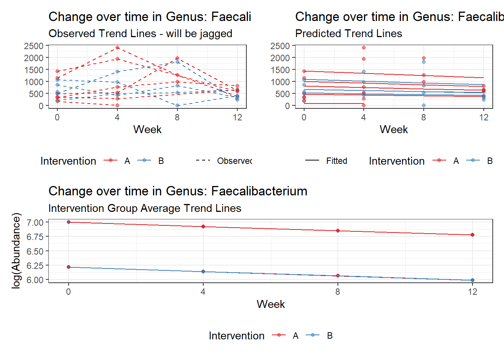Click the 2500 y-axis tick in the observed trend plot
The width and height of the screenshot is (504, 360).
tap(34, 46)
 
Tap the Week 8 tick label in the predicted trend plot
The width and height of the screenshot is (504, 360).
tap(423, 117)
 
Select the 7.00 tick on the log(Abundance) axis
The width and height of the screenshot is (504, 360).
tap(35, 222)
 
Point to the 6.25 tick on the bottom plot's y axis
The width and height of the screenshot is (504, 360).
tap(35, 265)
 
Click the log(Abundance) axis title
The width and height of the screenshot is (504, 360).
tap(16, 250)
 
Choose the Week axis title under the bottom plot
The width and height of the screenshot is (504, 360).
tap(270, 304)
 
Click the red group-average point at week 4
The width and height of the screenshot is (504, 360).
tap(203, 226)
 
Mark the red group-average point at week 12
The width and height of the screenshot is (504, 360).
tap(472, 235)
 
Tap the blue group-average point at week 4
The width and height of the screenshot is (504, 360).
tap(203, 271)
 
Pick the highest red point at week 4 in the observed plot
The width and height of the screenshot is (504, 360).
tap(117, 48)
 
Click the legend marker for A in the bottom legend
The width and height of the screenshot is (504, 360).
tap(279, 336)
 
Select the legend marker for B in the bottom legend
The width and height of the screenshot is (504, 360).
tap(313, 336)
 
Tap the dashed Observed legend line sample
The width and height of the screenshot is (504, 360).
tap(203, 161)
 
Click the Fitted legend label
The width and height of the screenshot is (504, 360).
tap(336, 161)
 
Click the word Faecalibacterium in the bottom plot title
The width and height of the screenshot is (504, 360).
tap(259, 191)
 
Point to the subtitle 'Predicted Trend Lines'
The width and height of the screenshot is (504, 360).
tap(348, 34)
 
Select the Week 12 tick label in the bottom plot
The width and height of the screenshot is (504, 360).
tap(472, 292)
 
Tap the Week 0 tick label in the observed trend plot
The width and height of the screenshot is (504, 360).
tap(57, 117)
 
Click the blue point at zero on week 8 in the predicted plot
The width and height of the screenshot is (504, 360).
tap(423, 105)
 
